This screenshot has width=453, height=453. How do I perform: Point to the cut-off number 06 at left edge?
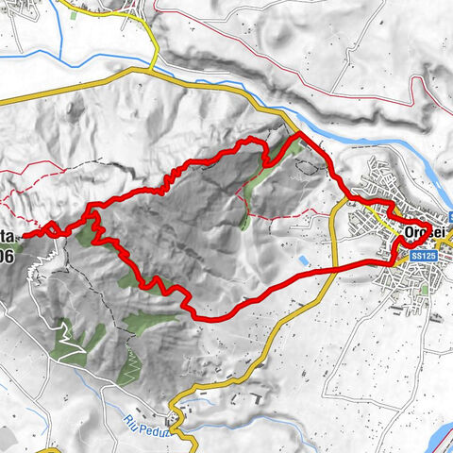coord(7,256)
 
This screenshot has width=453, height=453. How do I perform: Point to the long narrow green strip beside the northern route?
coord(253,184)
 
